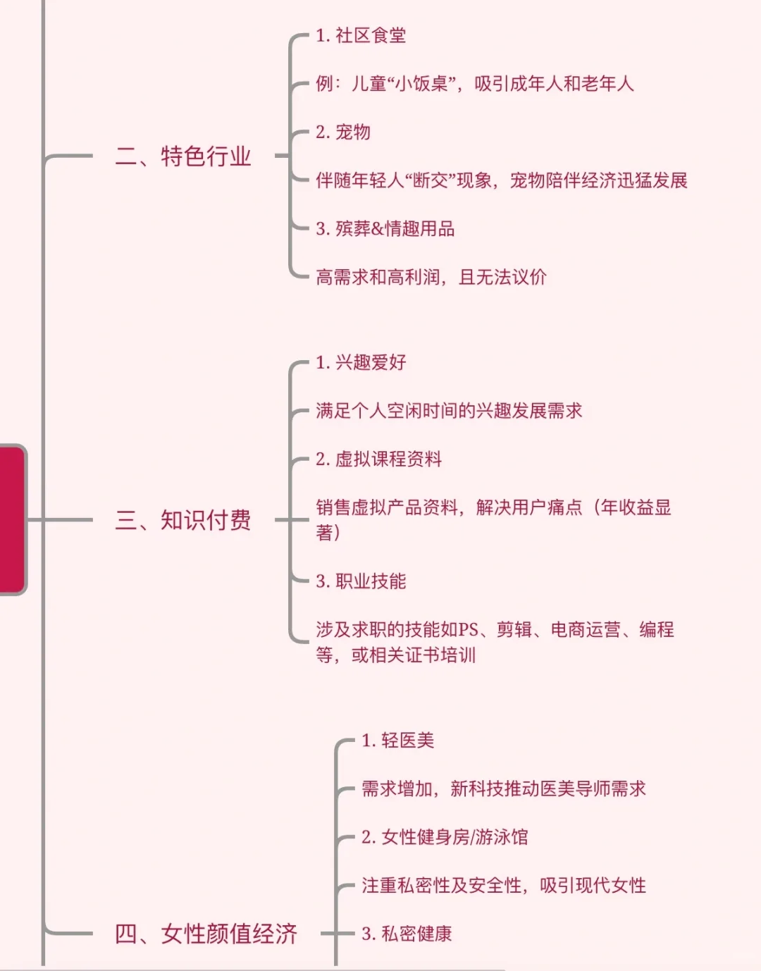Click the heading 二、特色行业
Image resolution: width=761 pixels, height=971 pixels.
183,156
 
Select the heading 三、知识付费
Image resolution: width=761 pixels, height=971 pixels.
183,520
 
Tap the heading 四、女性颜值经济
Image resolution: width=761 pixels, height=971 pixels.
206,934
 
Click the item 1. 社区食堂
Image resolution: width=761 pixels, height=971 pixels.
361,35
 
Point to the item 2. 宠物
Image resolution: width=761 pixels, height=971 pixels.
343,132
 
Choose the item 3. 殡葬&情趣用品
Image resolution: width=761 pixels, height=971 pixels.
385,229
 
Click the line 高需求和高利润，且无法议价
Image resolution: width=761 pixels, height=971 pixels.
431,277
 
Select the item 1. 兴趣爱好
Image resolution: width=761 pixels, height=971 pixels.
361,363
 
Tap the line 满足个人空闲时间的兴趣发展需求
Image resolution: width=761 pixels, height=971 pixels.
449,411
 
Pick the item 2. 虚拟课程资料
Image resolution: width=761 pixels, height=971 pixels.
378,459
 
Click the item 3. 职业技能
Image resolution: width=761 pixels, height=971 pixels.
361,581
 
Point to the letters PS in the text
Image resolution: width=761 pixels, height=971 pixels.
469,629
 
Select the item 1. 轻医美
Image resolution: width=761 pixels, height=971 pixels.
397,741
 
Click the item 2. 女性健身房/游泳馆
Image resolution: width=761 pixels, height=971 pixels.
445,837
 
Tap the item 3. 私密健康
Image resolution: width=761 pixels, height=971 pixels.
407,934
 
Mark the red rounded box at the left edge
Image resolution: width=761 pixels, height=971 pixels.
12,520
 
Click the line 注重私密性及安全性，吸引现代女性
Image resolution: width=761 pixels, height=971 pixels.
504,886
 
